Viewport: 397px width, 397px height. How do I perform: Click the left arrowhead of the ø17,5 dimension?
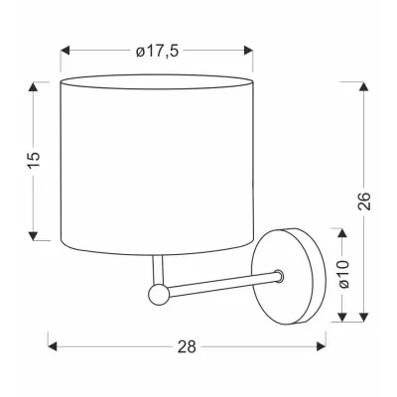click(66, 48)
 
